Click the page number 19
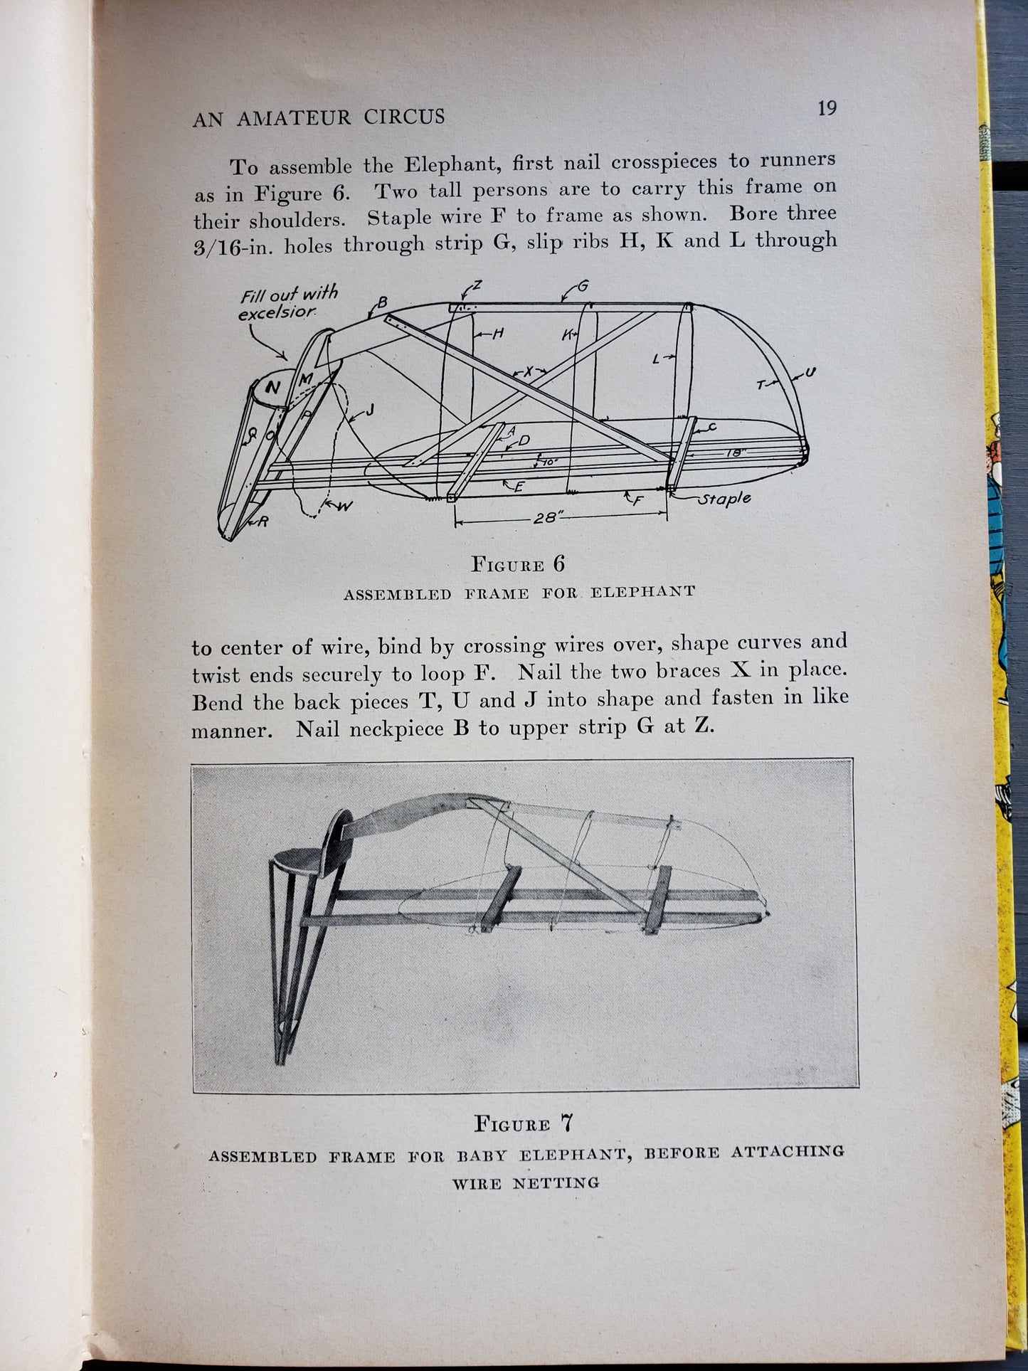point(827,108)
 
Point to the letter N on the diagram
point(272,388)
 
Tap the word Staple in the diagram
point(724,499)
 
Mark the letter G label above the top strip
point(583,286)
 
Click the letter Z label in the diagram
point(477,285)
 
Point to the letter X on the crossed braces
point(528,372)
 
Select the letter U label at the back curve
point(810,372)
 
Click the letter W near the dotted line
point(344,506)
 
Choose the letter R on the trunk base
point(263,522)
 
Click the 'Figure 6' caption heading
point(518,564)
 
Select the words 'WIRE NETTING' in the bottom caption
point(526,1183)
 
